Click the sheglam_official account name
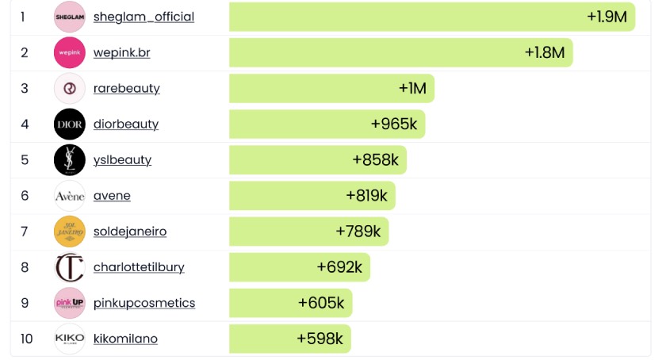tap(144, 17)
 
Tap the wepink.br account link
tap(121, 52)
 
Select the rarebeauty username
tap(126, 88)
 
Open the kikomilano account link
tap(125, 339)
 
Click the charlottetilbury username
tap(139, 267)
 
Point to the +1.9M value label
tap(607, 17)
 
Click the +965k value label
tap(393, 124)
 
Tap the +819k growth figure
tap(366, 195)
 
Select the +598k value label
tap(320, 339)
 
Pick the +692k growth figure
tap(339, 267)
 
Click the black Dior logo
tap(69, 124)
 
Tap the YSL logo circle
tap(69, 159)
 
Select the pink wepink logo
tap(69, 52)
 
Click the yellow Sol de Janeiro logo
tap(69, 232)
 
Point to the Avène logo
tap(69, 195)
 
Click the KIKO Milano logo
tap(69, 339)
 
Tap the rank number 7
tap(25, 232)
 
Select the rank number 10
tap(27, 339)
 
